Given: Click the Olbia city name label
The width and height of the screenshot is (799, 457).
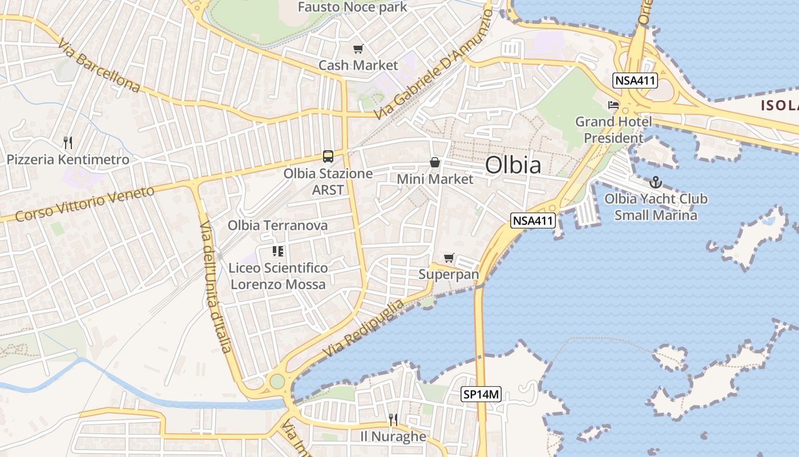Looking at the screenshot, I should (513, 165).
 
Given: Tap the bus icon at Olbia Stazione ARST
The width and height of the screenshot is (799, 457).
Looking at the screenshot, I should (328, 156).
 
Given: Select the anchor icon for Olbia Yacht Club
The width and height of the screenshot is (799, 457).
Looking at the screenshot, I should (656, 182).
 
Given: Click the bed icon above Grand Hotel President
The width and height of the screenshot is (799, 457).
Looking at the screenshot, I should (614, 105).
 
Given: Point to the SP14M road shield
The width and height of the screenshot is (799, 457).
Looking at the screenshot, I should (481, 394).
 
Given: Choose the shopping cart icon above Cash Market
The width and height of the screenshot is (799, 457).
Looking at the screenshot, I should (358, 49).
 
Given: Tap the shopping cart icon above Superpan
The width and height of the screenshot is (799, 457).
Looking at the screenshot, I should (449, 258).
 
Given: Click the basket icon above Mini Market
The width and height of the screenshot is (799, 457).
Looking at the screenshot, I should (435, 162).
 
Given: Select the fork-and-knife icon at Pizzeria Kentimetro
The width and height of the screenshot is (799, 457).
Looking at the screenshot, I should (68, 142).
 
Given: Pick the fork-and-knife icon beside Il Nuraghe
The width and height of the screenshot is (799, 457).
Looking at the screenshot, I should (393, 420).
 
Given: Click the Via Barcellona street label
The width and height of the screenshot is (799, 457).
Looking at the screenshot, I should (99, 66).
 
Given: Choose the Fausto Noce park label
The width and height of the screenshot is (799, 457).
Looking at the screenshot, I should (353, 7).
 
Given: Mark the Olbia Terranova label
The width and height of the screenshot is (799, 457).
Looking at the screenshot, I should (278, 226).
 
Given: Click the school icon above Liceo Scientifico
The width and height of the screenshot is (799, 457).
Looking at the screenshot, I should (278, 251).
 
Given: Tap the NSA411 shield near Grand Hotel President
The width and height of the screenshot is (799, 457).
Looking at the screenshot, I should (635, 81).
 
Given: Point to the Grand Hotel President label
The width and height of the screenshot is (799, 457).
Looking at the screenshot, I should (614, 130).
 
